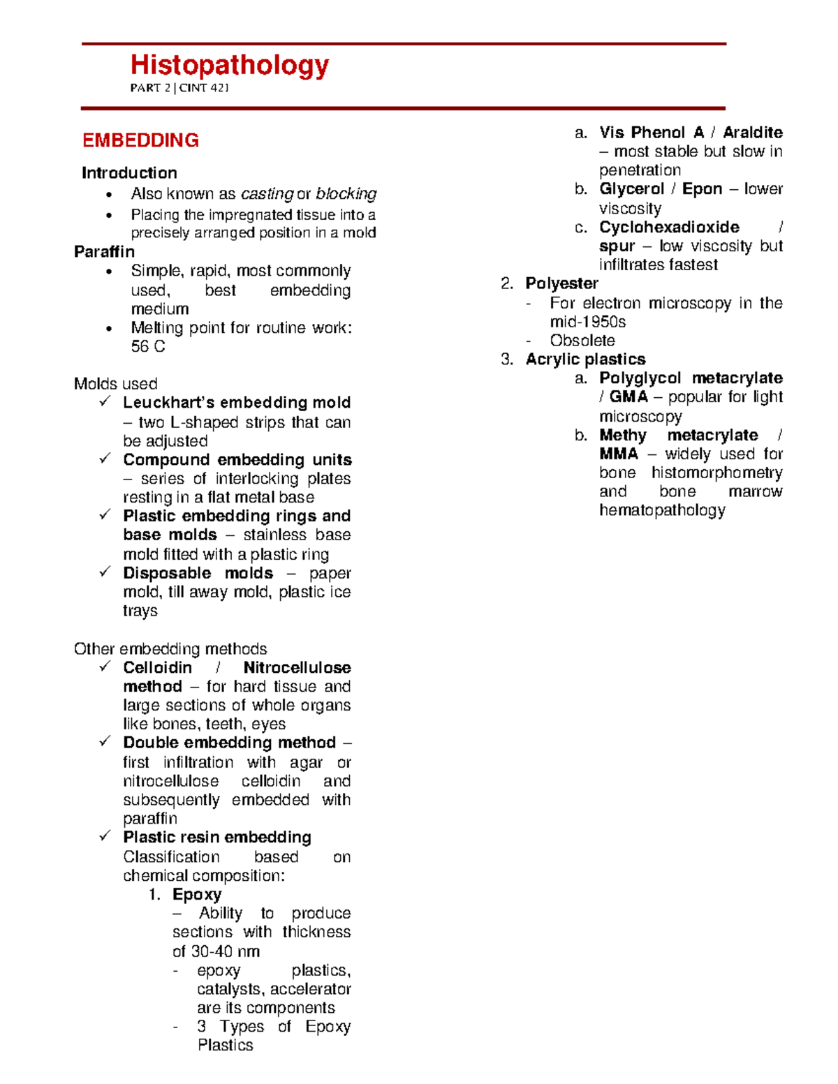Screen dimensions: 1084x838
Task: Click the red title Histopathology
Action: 229,66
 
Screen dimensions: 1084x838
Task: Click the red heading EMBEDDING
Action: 140,140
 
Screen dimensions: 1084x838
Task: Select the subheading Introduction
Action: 129,172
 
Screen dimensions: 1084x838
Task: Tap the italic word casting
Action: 267,193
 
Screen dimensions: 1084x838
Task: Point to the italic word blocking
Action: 346,193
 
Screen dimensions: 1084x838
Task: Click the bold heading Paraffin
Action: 104,251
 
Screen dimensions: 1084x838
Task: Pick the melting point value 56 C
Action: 148,346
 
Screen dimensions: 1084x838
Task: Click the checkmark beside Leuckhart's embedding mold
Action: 105,401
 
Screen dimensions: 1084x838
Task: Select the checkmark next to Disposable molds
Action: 105,572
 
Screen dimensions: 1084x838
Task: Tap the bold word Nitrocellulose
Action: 297,667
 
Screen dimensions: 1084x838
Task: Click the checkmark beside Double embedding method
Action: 105,741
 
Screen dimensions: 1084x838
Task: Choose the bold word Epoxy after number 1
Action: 197,894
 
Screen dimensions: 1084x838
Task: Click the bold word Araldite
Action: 752,133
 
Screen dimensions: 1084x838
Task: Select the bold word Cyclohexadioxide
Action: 669,227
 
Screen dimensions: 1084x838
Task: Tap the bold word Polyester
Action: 561,283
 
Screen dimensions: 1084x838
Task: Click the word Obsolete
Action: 582,341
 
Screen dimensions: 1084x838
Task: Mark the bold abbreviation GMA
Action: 628,397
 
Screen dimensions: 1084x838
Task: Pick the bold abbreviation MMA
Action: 619,454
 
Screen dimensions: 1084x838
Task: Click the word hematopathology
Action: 662,510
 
